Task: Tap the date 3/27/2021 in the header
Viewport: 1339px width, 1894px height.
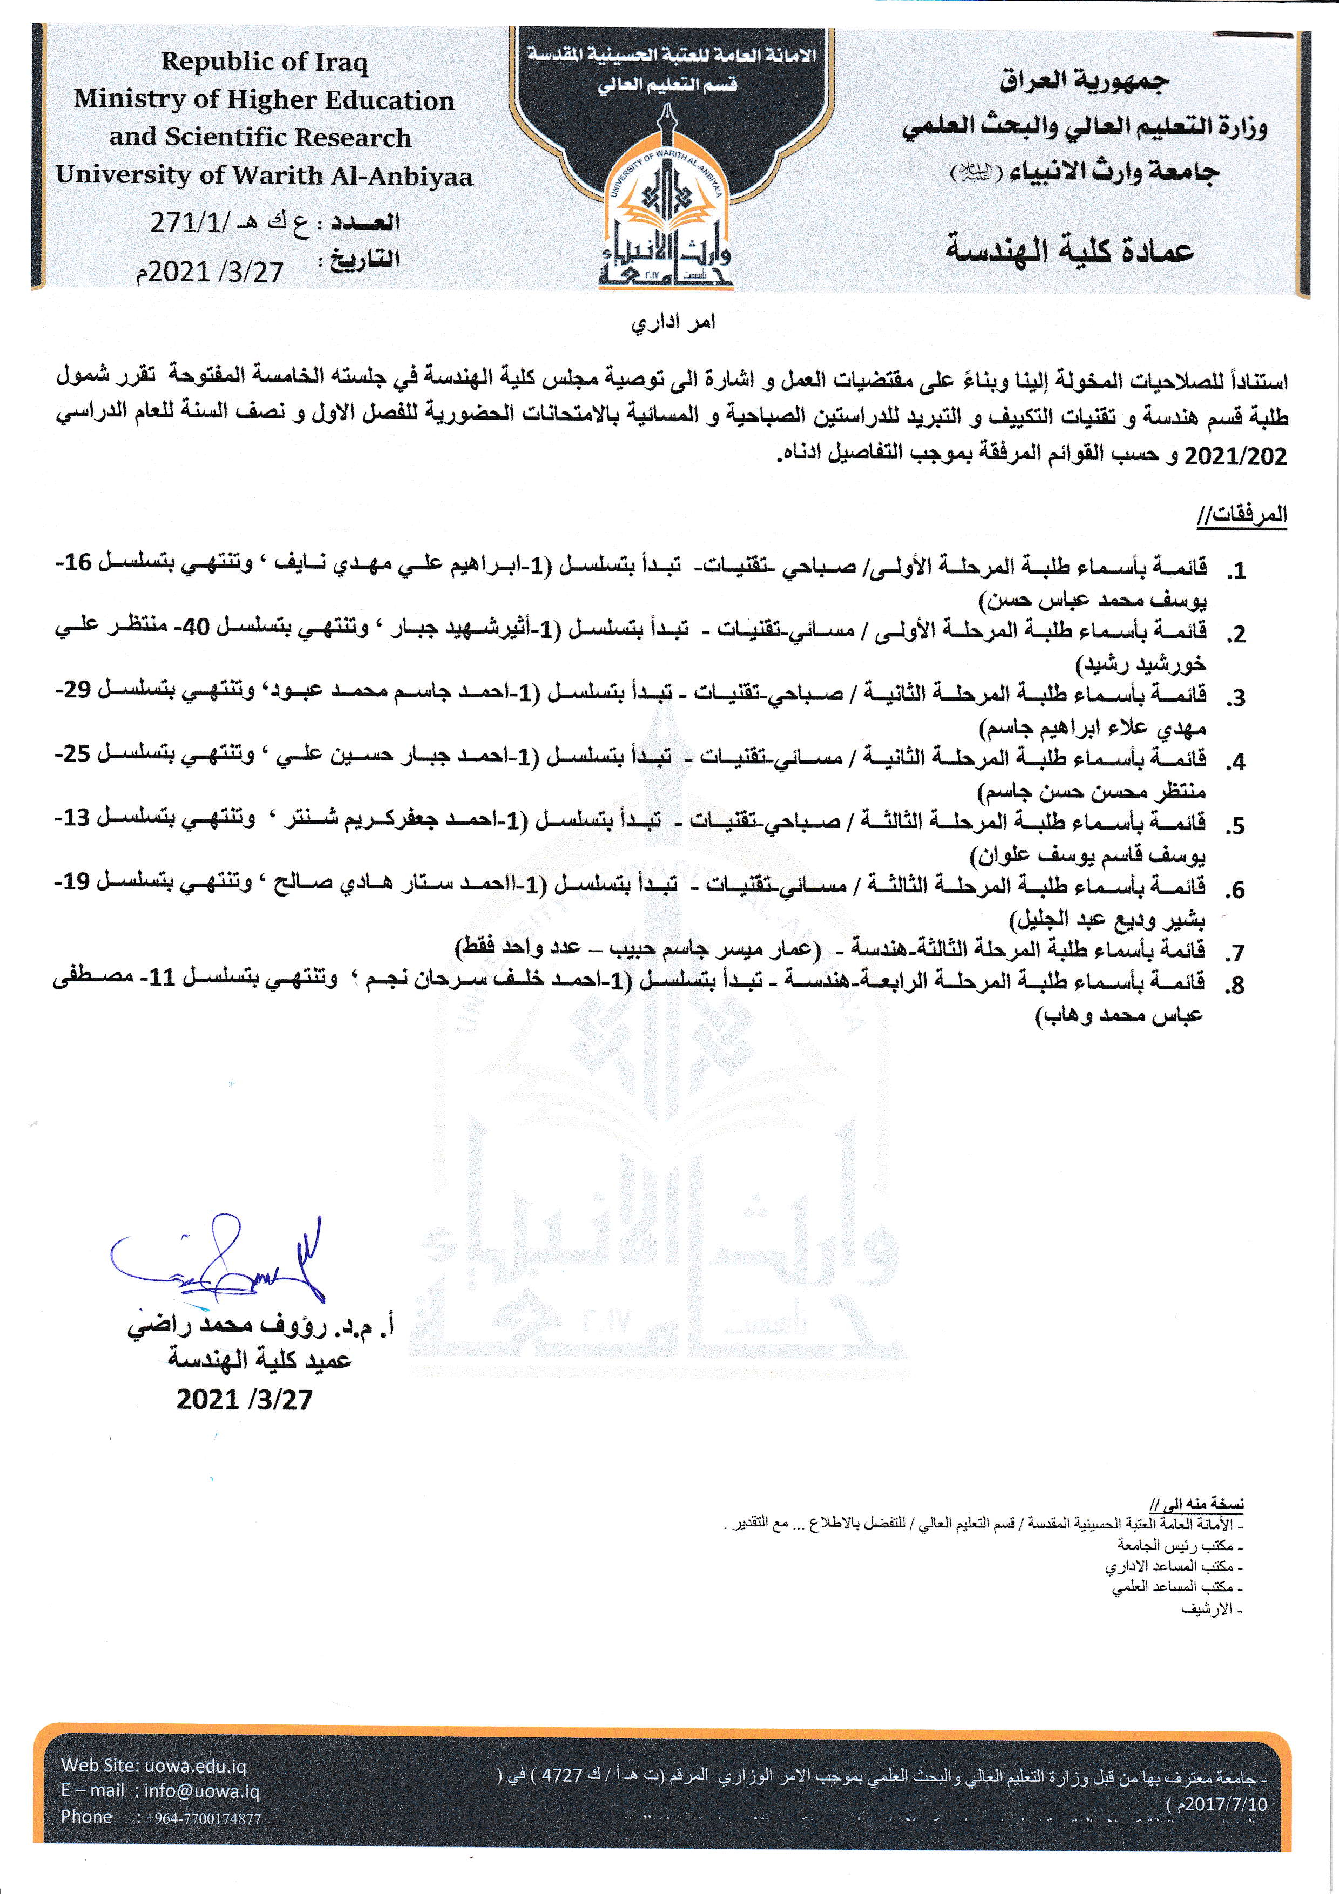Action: [x=210, y=271]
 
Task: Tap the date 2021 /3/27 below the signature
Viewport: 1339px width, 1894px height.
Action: [x=244, y=1399]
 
